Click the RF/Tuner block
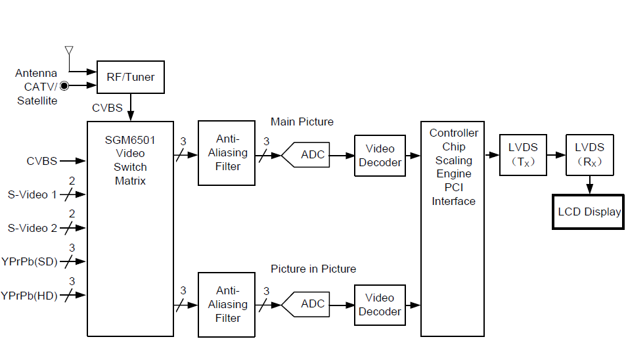(x=130, y=77)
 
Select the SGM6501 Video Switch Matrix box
(x=131, y=229)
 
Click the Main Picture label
(x=302, y=122)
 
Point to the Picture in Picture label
(x=313, y=269)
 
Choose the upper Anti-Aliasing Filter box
(x=227, y=153)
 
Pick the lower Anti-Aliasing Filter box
(x=227, y=305)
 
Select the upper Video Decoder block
(x=380, y=156)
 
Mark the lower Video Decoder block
(x=380, y=305)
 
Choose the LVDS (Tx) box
(x=523, y=155)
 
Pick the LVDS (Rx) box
(x=589, y=155)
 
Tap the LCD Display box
(x=588, y=212)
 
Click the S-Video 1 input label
(x=32, y=194)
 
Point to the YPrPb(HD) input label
(x=29, y=296)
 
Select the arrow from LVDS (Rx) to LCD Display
(x=590, y=185)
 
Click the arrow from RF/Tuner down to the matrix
(x=130, y=107)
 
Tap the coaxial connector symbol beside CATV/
(x=64, y=86)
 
